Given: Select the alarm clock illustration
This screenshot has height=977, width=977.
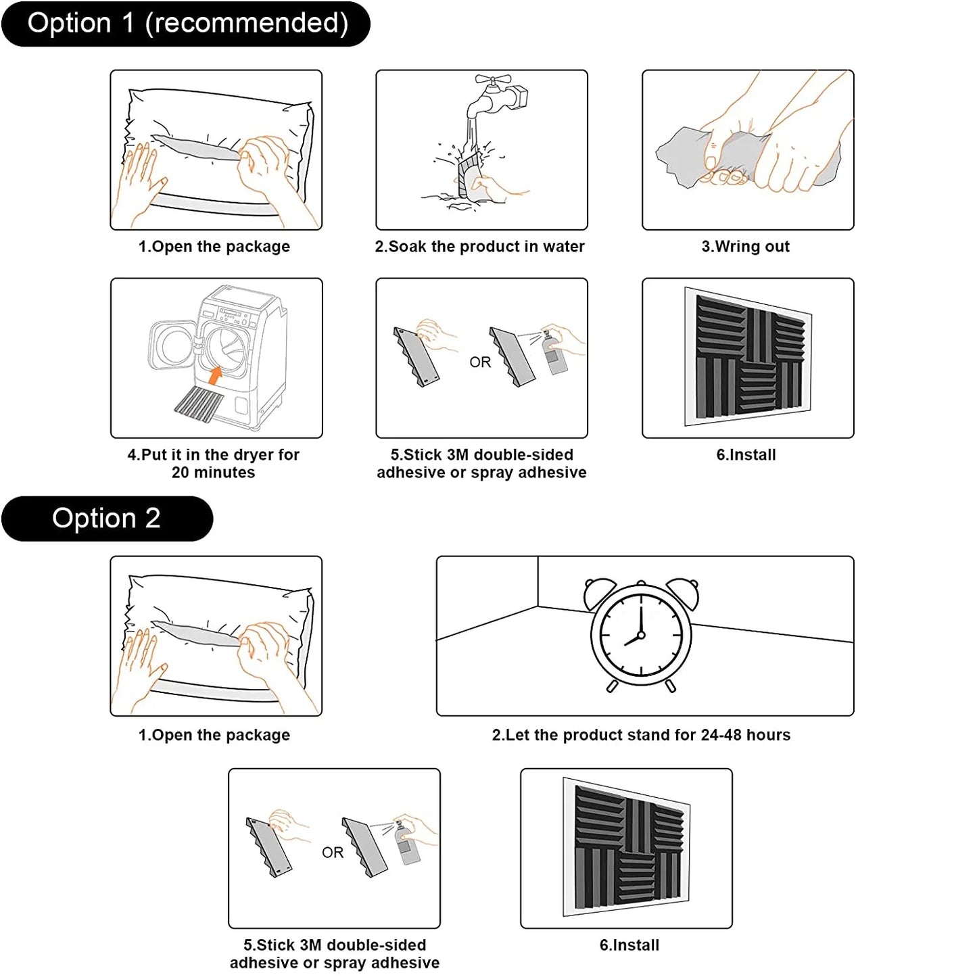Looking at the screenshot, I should click(640, 634).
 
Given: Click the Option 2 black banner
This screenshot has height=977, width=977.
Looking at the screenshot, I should click(107, 519).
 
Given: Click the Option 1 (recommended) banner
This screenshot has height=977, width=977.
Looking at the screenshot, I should click(186, 24).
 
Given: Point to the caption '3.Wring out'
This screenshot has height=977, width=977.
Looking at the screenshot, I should click(745, 247).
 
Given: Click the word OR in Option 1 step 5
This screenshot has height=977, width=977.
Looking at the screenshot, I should click(480, 362).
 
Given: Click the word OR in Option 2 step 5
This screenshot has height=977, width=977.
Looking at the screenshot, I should click(333, 853).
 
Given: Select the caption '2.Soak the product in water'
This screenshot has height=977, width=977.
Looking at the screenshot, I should click(480, 247).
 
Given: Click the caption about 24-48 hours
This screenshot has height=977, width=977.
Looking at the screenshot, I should click(641, 735).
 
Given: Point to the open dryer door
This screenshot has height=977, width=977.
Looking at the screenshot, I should click(172, 345).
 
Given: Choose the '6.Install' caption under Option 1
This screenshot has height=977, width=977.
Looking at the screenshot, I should click(746, 455).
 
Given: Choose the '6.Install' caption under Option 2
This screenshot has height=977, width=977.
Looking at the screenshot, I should click(629, 945).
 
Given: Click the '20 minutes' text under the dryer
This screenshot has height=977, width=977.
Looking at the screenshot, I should click(214, 473).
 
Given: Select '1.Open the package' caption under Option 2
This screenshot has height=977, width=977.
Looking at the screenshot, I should click(214, 735).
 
